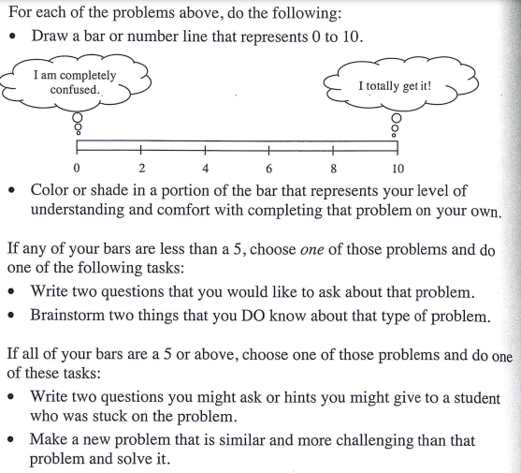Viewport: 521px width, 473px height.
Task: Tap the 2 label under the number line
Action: pyautogui.click(x=141, y=169)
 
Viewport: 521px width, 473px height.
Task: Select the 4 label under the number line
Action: pyautogui.click(x=205, y=169)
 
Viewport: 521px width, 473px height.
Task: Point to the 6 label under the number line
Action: pyautogui.click(x=268, y=169)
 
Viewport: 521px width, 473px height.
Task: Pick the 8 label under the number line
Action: pyautogui.click(x=333, y=169)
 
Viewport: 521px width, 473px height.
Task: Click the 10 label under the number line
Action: pyautogui.click(x=398, y=169)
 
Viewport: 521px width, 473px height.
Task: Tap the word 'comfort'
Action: pyautogui.click(x=201, y=209)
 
